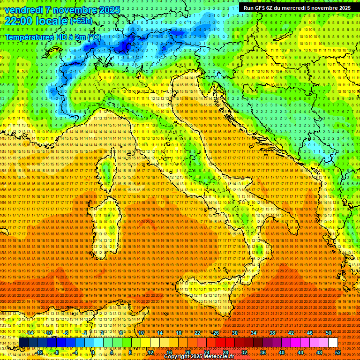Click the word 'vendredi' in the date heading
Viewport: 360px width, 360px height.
pyautogui.click(x=22, y=10)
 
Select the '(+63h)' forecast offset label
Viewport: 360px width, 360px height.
pyautogui.click(x=82, y=21)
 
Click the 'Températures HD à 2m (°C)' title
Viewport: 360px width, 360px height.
pyautogui.click(x=52, y=37)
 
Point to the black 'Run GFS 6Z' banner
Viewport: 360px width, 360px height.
pyautogui.click(x=297, y=8)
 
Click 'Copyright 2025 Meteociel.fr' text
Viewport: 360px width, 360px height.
pyautogui.click(x=202, y=357)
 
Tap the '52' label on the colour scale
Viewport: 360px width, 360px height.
pyautogui.click(x=338, y=352)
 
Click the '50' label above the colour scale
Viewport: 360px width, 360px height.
pyautogui.click(x=328, y=333)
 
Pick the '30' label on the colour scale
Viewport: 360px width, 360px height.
pyautogui.click(x=234, y=333)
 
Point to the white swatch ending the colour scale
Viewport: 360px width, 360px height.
pyautogui.click(x=333, y=343)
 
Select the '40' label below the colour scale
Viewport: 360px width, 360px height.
pyautogui.click(x=281, y=352)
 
